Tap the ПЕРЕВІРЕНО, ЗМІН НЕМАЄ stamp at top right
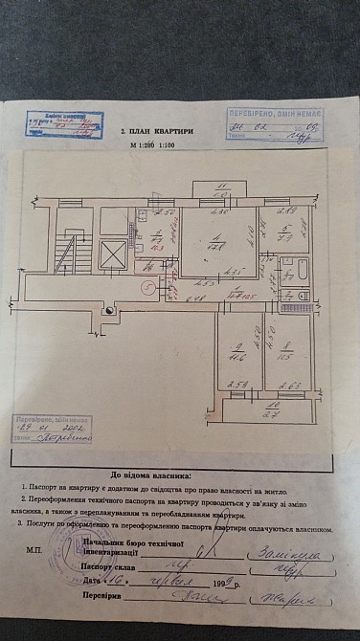(x=275, y=125)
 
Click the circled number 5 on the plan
(x=146, y=284)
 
